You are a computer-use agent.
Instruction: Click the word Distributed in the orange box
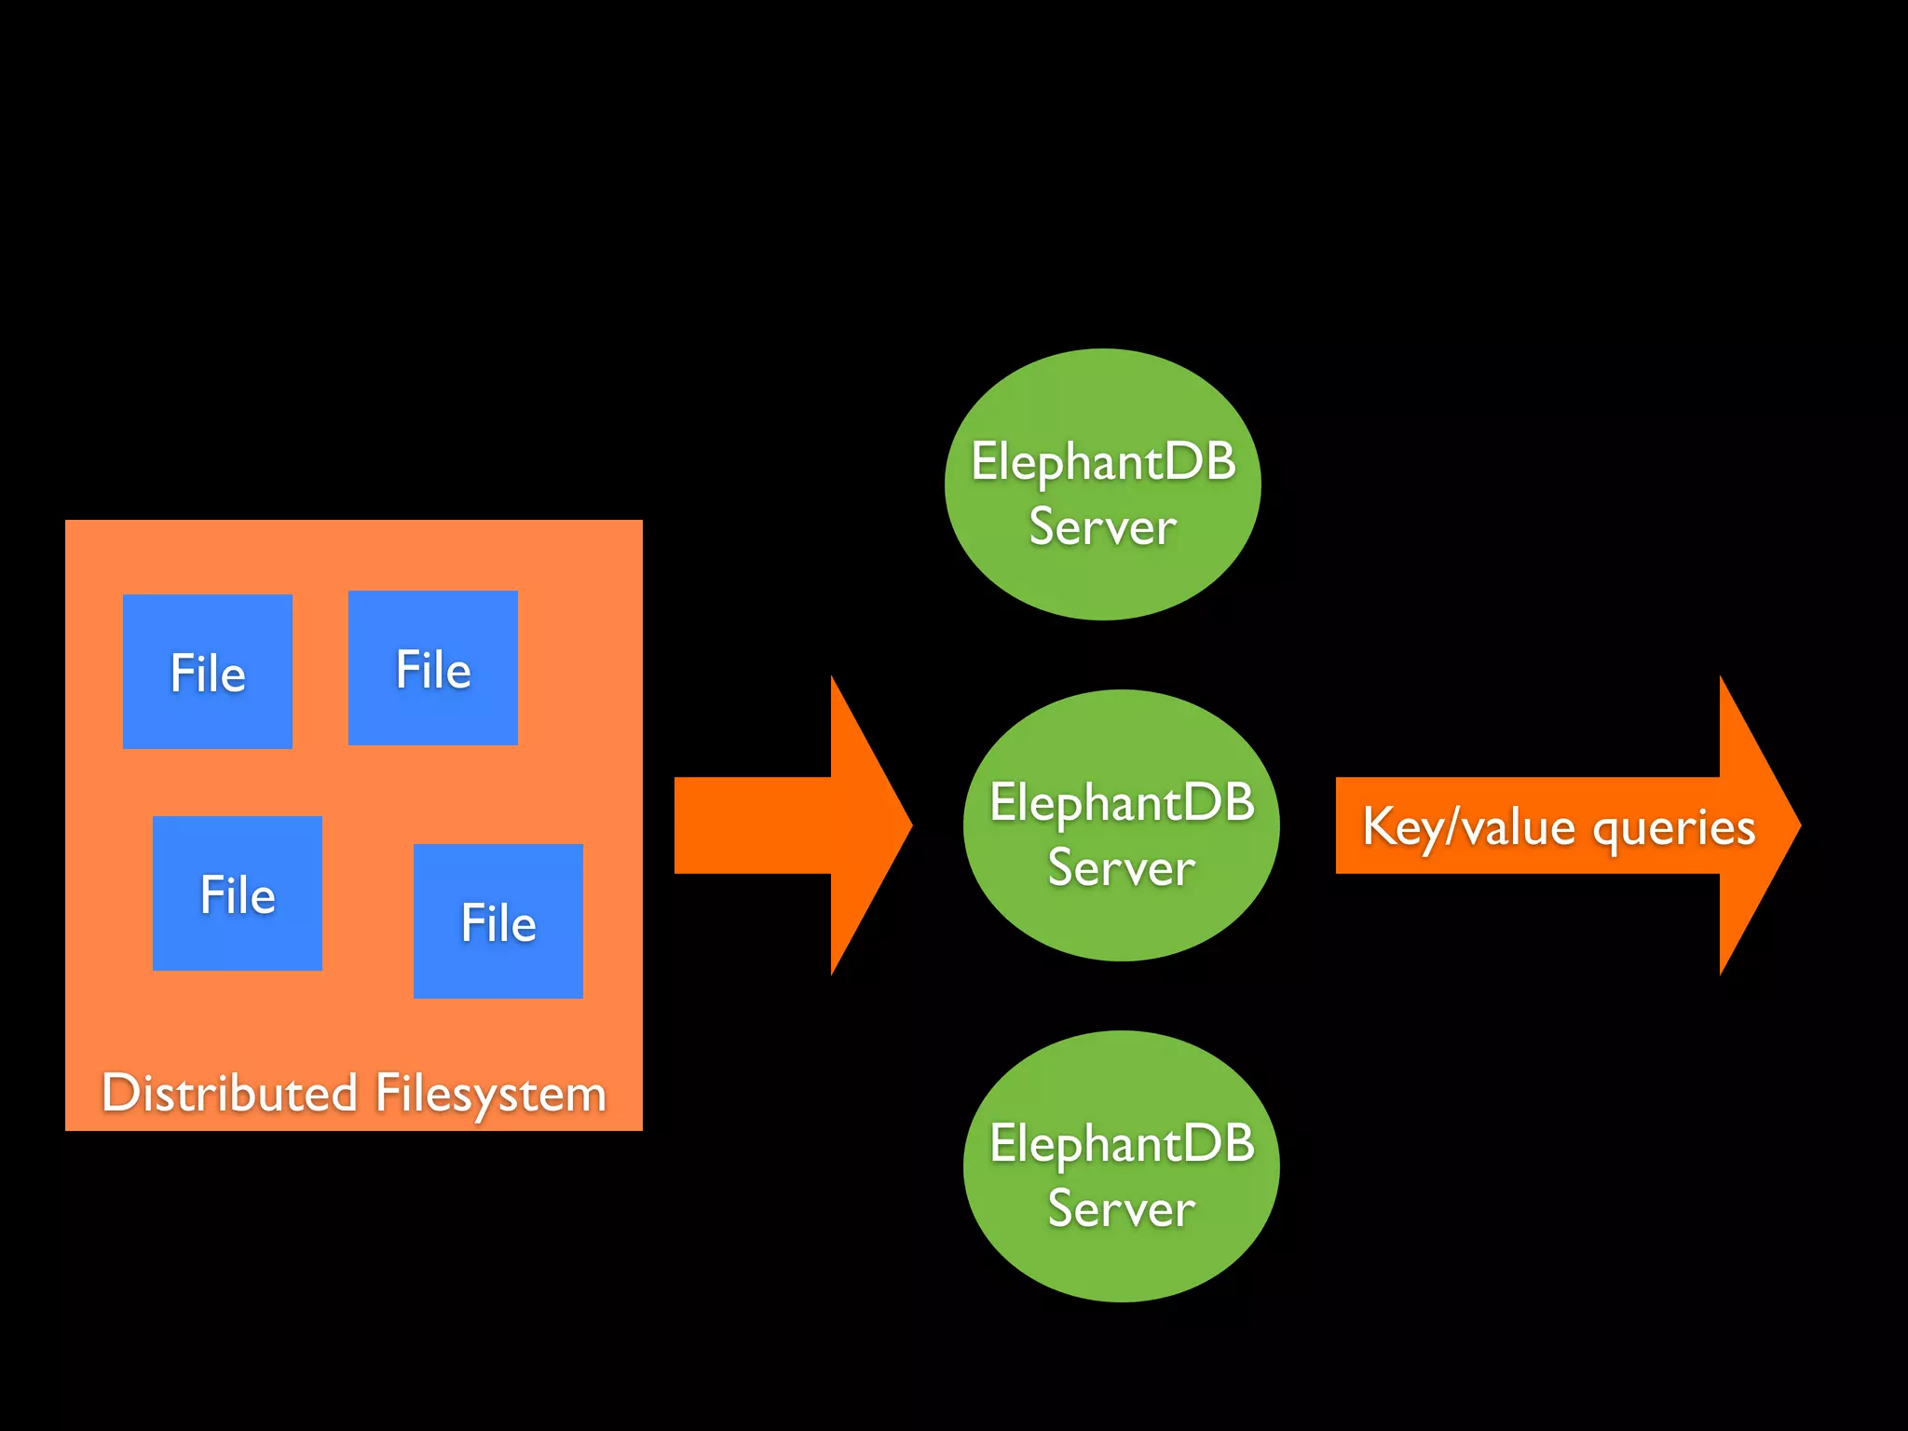coord(229,1092)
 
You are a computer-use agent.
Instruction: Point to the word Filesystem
coord(490,1094)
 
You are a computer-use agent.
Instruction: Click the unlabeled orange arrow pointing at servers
coord(773,825)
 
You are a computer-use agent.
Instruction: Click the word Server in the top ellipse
coord(1102,527)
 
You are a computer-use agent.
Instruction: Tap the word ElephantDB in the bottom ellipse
coord(1122,1143)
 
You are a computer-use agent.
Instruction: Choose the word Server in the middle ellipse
coord(1121,868)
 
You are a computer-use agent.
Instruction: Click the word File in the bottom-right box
coord(497,923)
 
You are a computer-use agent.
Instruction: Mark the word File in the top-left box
coord(207,673)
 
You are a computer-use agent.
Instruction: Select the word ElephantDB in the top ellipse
coord(1103,461)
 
